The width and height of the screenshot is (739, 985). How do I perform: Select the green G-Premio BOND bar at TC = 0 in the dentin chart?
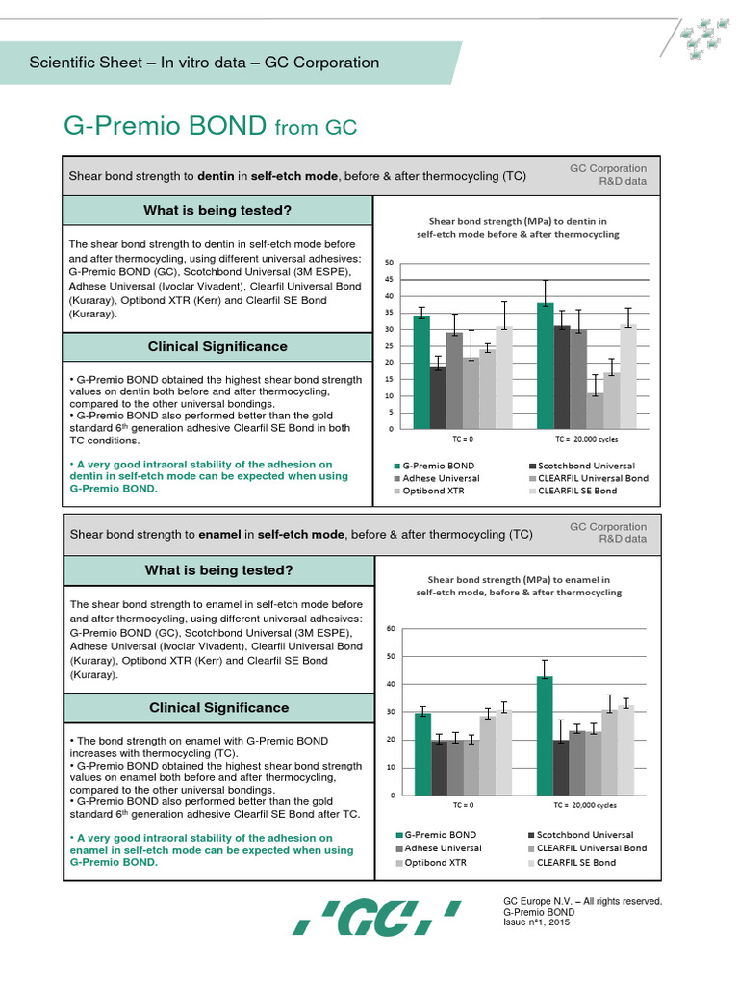pyautogui.click(x=421, y=371)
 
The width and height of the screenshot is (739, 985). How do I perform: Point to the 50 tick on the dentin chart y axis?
pyautogui.click(x=389, y=263)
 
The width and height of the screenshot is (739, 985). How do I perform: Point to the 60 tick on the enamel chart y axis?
pyautogui.click(x=390, y=629)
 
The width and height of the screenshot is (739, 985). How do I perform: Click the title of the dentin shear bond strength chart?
pyautogui.click(x=517, y=227)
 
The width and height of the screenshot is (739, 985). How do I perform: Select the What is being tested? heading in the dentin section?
pyautogui.click(x=217, y=210)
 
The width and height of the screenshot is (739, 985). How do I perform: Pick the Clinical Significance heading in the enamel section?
pyautogui.click(x=217, y=707)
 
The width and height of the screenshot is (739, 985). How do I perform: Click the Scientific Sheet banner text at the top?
pyautogui.click(x=204, y=63)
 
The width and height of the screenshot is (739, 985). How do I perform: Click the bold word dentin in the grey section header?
pyautogui.click(x=217, y=177)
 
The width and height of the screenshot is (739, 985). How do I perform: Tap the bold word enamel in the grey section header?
pyautogui.click(x=220, y=534)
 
